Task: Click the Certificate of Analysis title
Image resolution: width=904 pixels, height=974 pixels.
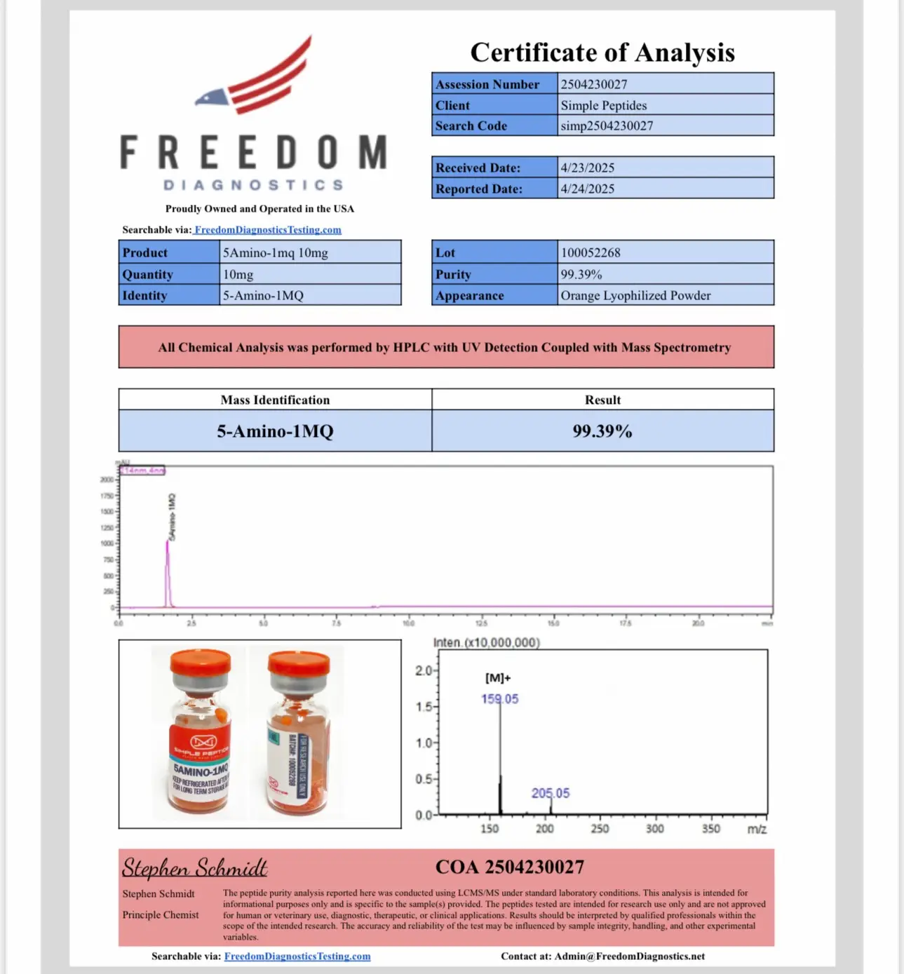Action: (602, 53)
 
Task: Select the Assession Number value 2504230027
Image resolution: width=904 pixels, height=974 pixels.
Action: (594, 84)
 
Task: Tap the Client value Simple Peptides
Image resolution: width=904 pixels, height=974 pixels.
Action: (604, 105)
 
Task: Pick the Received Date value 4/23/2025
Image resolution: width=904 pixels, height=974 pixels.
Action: (588, 168)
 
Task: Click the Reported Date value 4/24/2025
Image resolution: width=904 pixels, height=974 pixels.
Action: (588, 189)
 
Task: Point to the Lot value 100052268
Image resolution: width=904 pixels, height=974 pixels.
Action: (591, 252)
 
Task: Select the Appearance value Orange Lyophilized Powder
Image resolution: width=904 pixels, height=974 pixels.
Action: (635, 295)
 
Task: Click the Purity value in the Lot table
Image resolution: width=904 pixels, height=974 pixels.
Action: (581, 274)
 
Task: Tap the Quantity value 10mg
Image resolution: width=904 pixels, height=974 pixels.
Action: (238, 274)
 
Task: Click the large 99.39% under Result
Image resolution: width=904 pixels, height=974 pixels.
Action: (602, 431)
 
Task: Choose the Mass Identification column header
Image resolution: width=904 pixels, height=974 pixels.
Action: (275, 400)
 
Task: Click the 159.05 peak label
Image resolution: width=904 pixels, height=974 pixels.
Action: (500, 698)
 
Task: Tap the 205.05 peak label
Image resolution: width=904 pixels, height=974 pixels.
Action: (551, 793)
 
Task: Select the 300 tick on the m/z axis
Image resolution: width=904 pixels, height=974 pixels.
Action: (655, 828)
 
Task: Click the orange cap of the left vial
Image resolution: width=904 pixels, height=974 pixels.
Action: (201, 661)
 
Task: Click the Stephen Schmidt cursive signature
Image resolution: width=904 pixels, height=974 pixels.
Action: (194, 868)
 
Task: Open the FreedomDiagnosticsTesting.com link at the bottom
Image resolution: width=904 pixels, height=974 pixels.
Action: (297, 956)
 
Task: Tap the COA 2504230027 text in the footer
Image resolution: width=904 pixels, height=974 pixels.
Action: (510, 867)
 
